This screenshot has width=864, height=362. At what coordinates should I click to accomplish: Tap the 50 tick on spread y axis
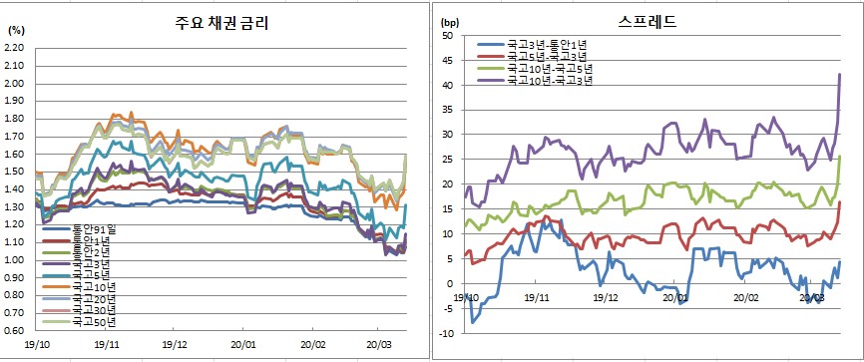[448, 36]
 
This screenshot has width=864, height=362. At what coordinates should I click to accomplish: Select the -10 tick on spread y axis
[446, 333]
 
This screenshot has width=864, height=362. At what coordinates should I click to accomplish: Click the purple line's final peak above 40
[840, 74]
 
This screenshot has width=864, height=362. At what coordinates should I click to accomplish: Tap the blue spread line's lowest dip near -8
[473, 322]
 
